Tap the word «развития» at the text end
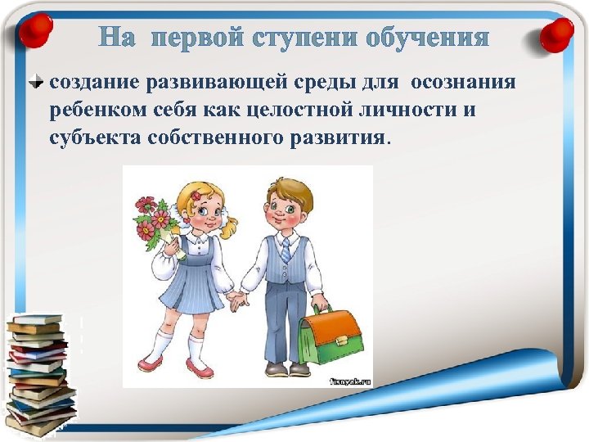click(x=344, y=137)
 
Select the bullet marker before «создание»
click(x=38, y=82)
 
